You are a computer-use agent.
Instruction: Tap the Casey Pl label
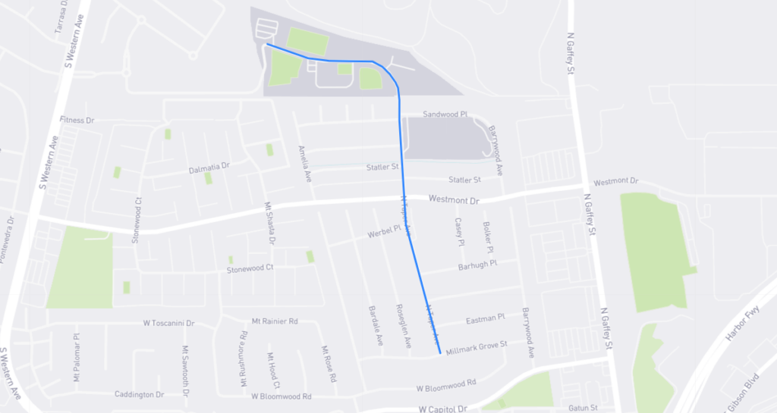pos(458,233)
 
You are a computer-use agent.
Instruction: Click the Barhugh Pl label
pos(477,265)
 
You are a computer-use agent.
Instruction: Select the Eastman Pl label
pos(480,318)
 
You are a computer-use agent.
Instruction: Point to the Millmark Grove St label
pos(476,346)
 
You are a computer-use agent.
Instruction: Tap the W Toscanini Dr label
pos(168,323)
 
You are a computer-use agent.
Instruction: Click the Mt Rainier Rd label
pos(275,321)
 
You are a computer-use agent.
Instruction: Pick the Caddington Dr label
pos(139,395)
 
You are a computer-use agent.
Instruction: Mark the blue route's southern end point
pos(440,352)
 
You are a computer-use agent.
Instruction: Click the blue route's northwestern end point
pos(266,45)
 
